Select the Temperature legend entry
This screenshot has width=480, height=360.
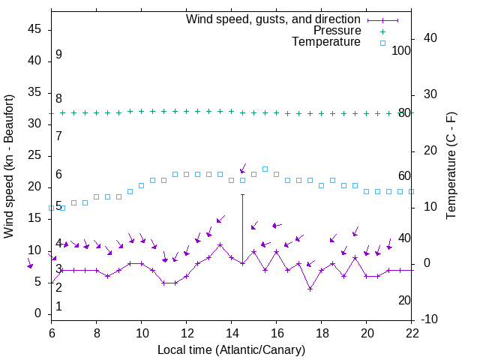tap(326, 43)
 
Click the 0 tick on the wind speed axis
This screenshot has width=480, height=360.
tap(42, 313)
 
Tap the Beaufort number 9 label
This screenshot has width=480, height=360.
tap(58, 55)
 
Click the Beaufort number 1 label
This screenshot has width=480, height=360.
tap(58, 307)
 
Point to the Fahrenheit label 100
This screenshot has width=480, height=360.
tap(402, 50)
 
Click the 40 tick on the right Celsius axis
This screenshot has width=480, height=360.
tap(430, 38)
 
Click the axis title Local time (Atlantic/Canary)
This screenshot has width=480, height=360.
tap(231, 349)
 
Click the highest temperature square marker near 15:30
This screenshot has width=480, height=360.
tap(265, 169)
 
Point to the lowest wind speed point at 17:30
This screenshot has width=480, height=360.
tap(310, 288)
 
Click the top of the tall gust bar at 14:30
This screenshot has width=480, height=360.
tap(242, 194)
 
